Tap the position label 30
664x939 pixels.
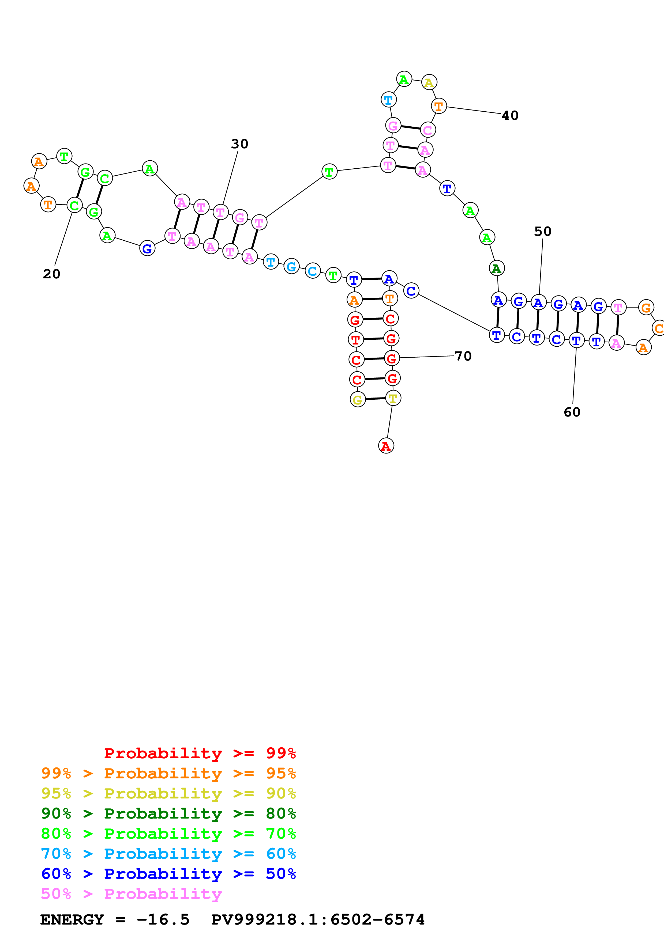(239, 144)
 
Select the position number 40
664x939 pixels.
(510, 116)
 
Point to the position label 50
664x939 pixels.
(542, 232)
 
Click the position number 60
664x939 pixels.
(572, 412)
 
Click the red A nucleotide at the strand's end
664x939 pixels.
(386, 446)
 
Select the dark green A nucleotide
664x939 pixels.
(497, 268)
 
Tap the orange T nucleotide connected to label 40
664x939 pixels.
(438, 106)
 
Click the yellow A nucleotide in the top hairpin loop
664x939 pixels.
(429, 83)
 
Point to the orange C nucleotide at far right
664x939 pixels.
(659, 328)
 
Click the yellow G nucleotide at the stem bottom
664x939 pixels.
(358, 400)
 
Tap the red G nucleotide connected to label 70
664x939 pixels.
(392, 359)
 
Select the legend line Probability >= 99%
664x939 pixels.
(200, 753)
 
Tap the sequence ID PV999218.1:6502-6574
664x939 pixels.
(318, 919)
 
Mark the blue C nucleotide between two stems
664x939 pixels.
(411, 291)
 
